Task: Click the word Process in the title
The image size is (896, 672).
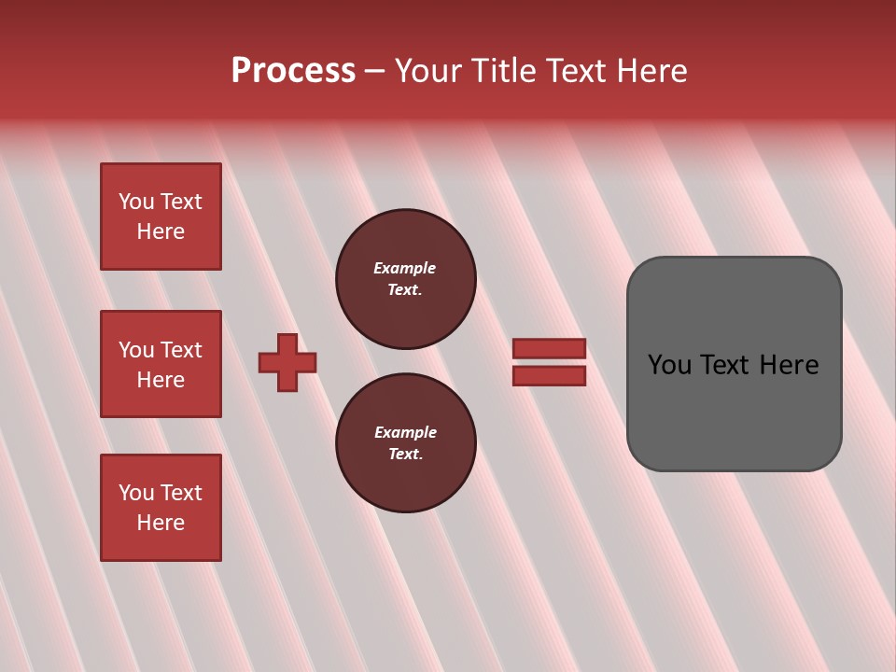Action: tap(293, 71)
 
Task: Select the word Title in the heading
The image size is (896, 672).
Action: tap(501, 71)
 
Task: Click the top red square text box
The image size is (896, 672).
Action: tap(161, 217)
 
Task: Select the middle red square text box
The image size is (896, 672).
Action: tap(161, 364)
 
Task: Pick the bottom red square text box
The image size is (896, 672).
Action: tap(161, 508)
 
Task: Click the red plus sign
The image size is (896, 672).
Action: tap(287, 362)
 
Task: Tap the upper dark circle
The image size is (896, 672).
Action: tap(405, 279)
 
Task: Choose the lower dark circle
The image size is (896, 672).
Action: tap(405, 443)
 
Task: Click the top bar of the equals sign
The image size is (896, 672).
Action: tap(549, 348)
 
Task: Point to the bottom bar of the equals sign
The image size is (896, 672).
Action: tap(549, 375)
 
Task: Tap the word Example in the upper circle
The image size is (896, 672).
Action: tap(404, 268)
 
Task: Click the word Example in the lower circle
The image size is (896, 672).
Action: tap(405, 432)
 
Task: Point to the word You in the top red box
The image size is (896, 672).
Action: tap(136, 202)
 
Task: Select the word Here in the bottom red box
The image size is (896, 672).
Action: tap(161, 523)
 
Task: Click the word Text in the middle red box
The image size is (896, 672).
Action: tap(181, 350)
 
